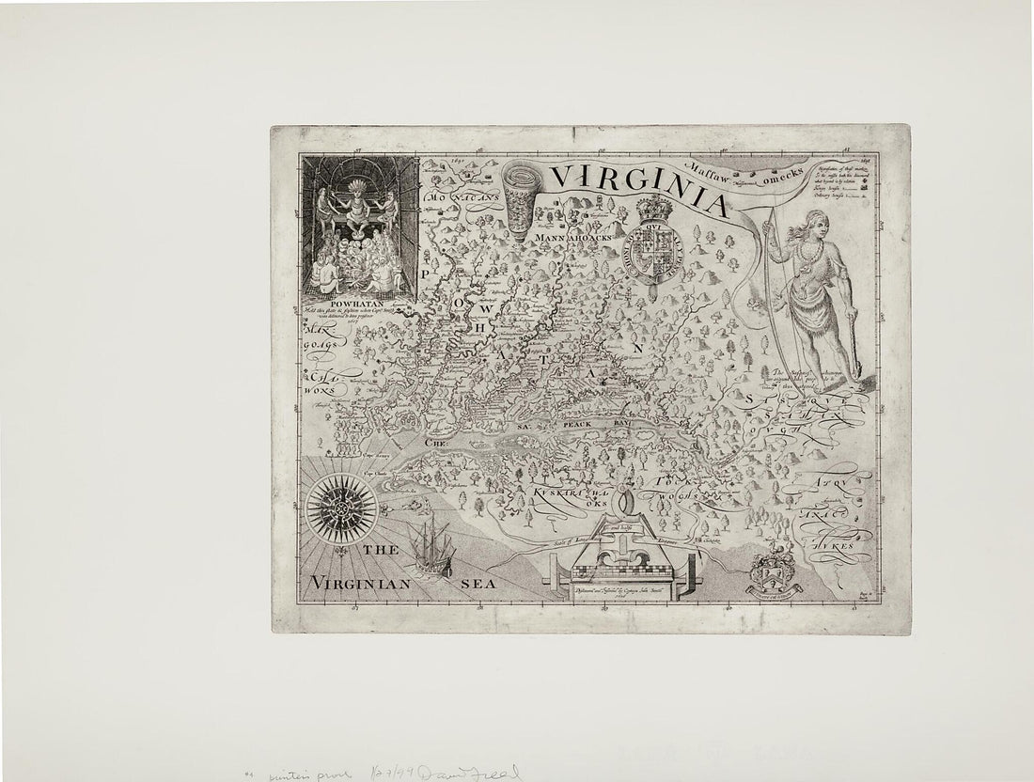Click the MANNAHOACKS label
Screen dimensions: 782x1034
(572, 239)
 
